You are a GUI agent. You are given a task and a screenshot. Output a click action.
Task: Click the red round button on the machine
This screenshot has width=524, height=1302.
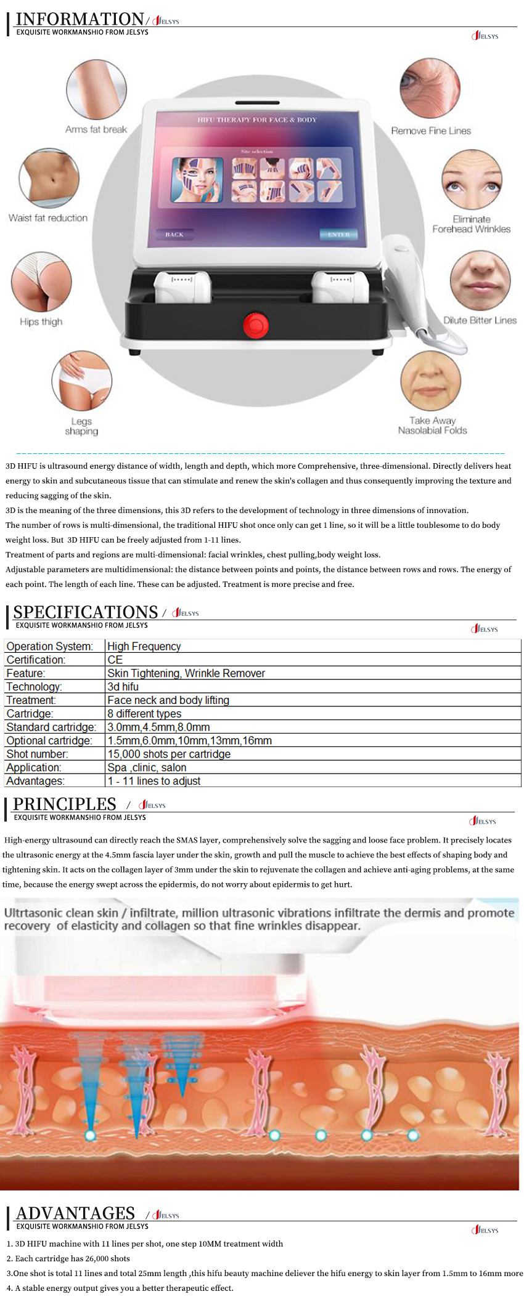(255, 325)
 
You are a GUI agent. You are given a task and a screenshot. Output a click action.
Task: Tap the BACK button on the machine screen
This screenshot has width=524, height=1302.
(174, 235)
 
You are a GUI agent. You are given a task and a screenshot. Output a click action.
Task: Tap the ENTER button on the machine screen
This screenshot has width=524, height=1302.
(338, 235)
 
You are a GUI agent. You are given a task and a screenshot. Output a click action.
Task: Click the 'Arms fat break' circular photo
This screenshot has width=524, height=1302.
(96, 89)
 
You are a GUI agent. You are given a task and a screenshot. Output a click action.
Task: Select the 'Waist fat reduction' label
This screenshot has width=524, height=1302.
(48, 218)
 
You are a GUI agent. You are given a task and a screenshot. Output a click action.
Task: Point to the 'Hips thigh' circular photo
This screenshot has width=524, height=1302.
(41, 281)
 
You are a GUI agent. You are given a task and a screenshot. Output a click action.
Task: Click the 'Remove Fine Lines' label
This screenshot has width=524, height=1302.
(431, 131)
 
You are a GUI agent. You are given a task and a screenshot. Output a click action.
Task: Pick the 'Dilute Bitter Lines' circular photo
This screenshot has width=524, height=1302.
(480, 280)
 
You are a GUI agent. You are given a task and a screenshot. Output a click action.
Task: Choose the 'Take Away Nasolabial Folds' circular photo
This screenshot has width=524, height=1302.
(430, 381)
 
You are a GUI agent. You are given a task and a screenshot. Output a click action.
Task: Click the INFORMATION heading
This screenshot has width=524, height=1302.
(80, 19)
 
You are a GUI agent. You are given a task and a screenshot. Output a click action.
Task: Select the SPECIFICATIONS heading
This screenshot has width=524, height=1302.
(86, 612)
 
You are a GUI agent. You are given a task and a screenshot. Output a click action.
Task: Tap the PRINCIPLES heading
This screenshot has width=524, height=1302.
(65, 804)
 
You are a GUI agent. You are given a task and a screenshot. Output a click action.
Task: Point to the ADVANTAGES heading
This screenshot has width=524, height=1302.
(75, 1213)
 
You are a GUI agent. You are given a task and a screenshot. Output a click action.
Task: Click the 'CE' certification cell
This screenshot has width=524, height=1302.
(115, 660)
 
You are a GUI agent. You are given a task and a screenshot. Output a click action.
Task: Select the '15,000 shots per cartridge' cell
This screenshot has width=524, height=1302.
(169, 754)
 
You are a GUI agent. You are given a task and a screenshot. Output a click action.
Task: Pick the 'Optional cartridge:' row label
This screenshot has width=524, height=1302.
(49, 740)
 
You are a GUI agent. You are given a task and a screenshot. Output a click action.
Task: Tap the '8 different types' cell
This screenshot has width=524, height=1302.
(144, 713)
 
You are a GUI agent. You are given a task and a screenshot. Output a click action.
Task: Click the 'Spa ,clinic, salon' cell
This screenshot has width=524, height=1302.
(147, 767)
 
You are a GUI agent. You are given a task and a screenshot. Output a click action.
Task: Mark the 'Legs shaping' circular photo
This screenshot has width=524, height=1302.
(81, 381)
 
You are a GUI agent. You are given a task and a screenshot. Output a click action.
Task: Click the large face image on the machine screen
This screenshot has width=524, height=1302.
(197, 180)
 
